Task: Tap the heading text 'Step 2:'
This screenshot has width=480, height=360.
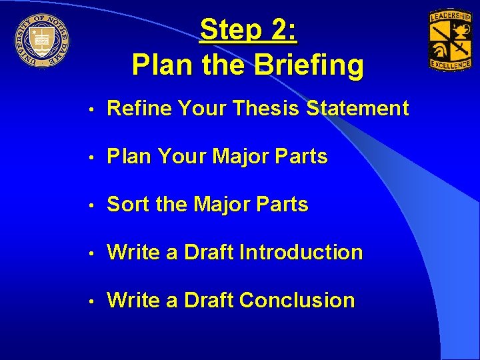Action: point(249,30)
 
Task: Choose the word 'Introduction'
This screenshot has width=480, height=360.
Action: point(301,253)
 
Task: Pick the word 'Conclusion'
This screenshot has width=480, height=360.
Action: point(297,301)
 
